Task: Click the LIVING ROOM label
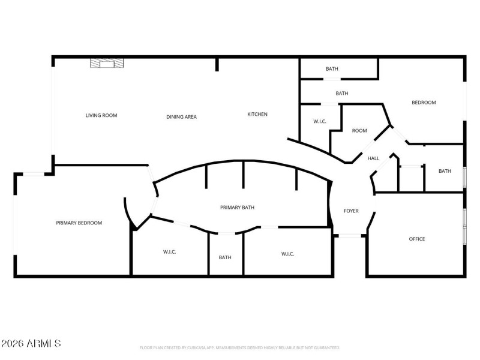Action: (x=101, y=115)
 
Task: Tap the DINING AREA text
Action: (x=181, y=117)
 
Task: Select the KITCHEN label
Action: (x=257, y=114)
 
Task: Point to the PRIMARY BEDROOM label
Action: (x=79, y=223)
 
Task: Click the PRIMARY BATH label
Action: (x=237, y=207)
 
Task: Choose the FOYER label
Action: (x=351, y=211)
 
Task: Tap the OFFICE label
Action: (x=417, y=239)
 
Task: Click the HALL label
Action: (x=373, y=158)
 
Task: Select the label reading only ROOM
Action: (x=359, y=131)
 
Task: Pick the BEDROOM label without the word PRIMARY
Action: (x=424, y=103)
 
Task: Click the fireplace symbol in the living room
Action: (x=107, y=63)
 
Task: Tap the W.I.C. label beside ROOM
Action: (x=320, y=122)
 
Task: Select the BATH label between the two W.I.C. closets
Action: (x=225, y=257)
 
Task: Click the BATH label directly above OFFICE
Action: (x=445, y=171)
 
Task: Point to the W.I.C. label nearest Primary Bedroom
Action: (x=170, y=252)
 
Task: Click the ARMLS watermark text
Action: (x=31, y=344)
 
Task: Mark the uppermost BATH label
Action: (x=332, y=69)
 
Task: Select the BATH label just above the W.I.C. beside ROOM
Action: (x=342, y=94)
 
